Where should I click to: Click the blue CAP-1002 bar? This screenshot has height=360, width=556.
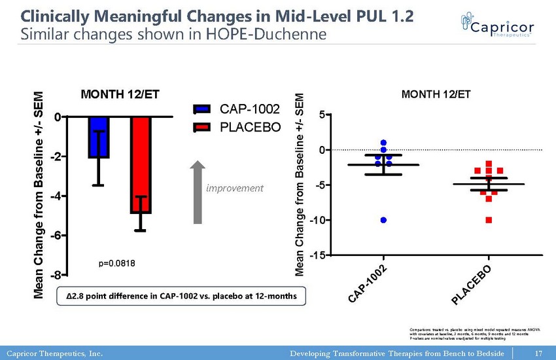pyautogui.click(x=99, y=137)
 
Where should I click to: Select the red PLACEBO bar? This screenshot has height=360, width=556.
pyautogui.click(x=141, y=165)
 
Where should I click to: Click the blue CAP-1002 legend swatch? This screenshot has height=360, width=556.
pyautogui.click(x=202, y=109)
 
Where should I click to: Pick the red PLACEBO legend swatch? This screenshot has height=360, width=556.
pyautogui.click(x=202, y=126)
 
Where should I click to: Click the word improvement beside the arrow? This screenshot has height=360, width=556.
pyautogui.click(x=234, y=189)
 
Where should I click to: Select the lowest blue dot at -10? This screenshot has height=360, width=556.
pyautogui.click(x=383, y=220)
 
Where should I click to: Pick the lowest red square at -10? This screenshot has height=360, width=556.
pyautogui.click(x=489, y=220)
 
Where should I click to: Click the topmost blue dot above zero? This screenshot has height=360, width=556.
pyautogui.click(x=383, y=143)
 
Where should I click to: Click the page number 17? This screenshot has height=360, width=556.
pyautogui.click(x=538, y=353)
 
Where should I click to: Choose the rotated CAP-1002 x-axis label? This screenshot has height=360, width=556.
pyautogui.click(x=369, y=285)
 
